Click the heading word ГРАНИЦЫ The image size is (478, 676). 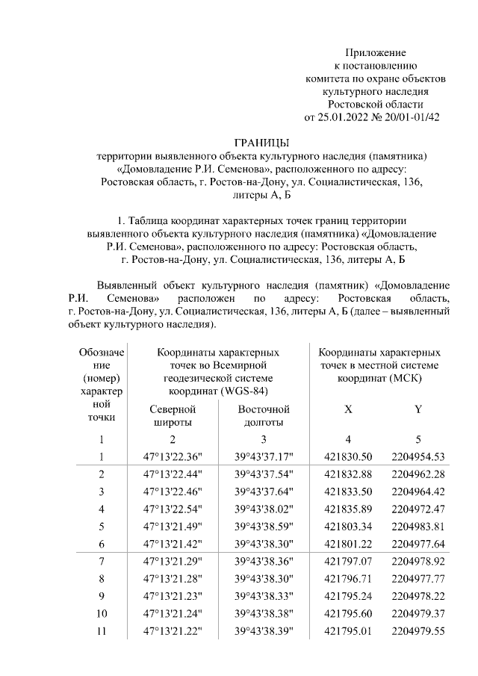tap(261, 142)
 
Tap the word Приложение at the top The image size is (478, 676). tap(375, 52)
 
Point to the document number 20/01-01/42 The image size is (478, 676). tap(410, 117)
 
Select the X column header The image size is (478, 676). tap(348, 410)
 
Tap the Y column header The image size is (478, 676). tap(418, 410)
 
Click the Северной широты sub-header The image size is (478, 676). tap(173, 416)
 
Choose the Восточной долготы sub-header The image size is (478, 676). tap(264, 416)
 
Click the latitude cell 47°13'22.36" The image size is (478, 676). tap(173, 456)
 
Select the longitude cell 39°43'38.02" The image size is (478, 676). tap(264, 509)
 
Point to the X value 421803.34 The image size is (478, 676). tap(347, 527)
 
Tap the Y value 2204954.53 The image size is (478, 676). tap(418, 456)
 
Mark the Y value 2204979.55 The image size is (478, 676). tap(418, 632)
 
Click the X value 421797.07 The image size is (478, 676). tap(347, 562)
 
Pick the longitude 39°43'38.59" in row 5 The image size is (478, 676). tap(264, 527)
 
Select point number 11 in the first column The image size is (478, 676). tap(102, 632)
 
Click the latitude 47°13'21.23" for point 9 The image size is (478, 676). tap(173, 597)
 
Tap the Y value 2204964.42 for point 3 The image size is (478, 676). tap(418, 492)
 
